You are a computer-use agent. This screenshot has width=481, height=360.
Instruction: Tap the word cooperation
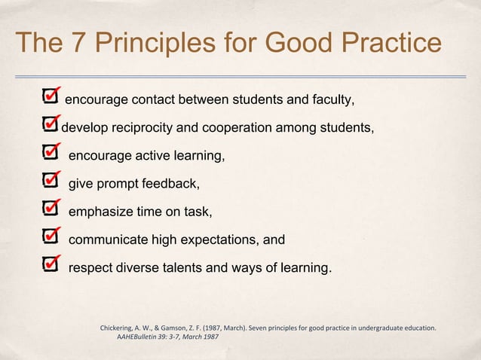[245, 128]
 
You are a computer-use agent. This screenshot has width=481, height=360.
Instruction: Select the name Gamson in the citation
[185, 328]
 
